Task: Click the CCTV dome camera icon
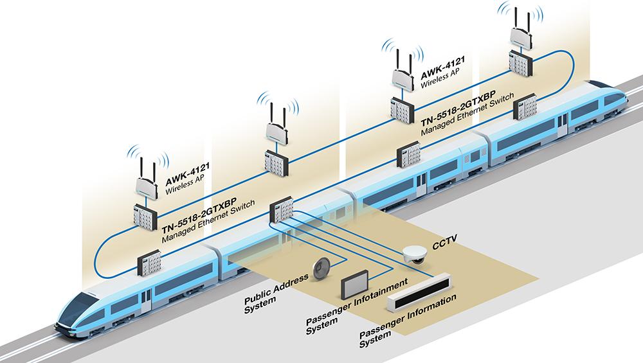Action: [412, 255]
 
